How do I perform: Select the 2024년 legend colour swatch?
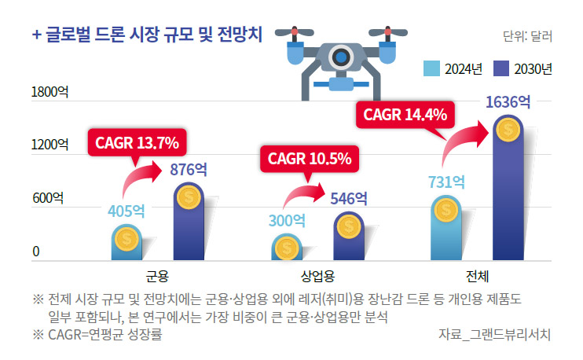[x=431, y=68]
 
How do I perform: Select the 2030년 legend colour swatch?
[x=501, y=68]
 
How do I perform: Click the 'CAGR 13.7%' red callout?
[x=137, y=143]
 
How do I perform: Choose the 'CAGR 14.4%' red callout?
[x=405, y=115]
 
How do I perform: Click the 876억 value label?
[x=189, y=169]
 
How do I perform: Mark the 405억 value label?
[x=126, y=211]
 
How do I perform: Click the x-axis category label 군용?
[x=158, y=276]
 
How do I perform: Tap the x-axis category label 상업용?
[x=318, y=276]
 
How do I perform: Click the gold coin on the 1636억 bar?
[x=508, y=128]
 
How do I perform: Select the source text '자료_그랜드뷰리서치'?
[x=494, y=334]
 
